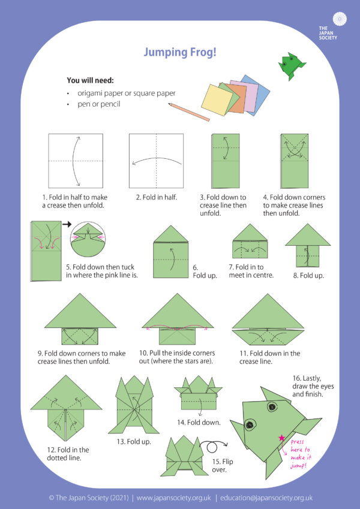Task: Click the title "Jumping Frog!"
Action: pyautogui.click(x=179, y=53)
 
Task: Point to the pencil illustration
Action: pyautogui.click(x=188, y=112)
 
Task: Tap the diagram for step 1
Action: pyautogui.click(x=76, y=161)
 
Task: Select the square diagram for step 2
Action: pyautogui.click(x=156, y=161)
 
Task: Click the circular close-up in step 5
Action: pyautogui.click(x=88, y=239)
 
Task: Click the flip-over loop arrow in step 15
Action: pyautogui.click(x=211, y=448)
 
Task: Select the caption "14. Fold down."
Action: pyautogui.click(x=198, y=422)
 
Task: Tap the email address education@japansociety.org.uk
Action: pyautogui.click(x=266, y=498)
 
